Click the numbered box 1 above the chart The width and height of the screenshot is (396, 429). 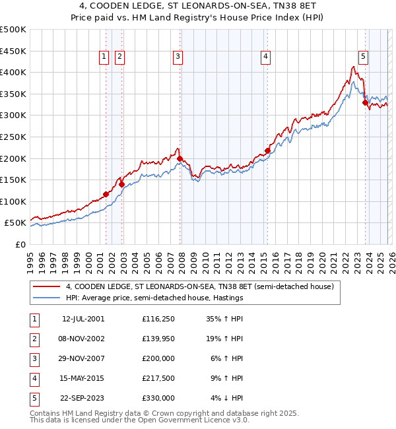click(x=105, y=57)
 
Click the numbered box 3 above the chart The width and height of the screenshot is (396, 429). click(x=178, y=57)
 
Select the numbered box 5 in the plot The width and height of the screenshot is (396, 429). click(x=364, y=57)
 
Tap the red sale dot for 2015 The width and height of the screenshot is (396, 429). click(x=267, y=150)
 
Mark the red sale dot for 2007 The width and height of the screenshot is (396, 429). click(x=180, y=158)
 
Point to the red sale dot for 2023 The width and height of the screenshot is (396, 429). click(x=365, y=102)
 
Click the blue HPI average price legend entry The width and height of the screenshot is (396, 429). click(x=154, y=298)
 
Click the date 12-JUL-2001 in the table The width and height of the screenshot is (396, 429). click(x=83, y=319)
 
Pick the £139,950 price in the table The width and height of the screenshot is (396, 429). click(x=158, y=339)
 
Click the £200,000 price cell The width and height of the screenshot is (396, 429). click(x=158, y=358)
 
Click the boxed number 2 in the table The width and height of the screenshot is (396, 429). click(x=34, y=339)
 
